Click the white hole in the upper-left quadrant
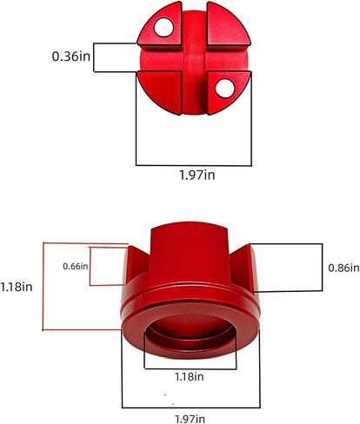(163, 28)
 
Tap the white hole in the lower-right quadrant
(225, 88)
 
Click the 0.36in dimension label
(71, 56)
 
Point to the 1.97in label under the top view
(197, 176)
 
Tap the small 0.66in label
(76, 266)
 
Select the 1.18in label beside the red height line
(17, 287)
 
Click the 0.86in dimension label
(343, 268)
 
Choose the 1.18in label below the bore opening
(189, 376)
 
